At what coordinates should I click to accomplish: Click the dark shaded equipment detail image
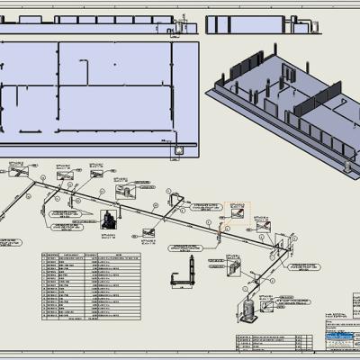click(109, 219)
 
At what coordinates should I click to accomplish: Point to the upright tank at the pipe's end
click(246, 306)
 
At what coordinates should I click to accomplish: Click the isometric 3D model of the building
click(279, 108)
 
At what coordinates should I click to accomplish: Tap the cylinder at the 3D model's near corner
click(348, 165)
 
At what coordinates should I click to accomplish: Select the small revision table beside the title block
click(265, 339)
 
